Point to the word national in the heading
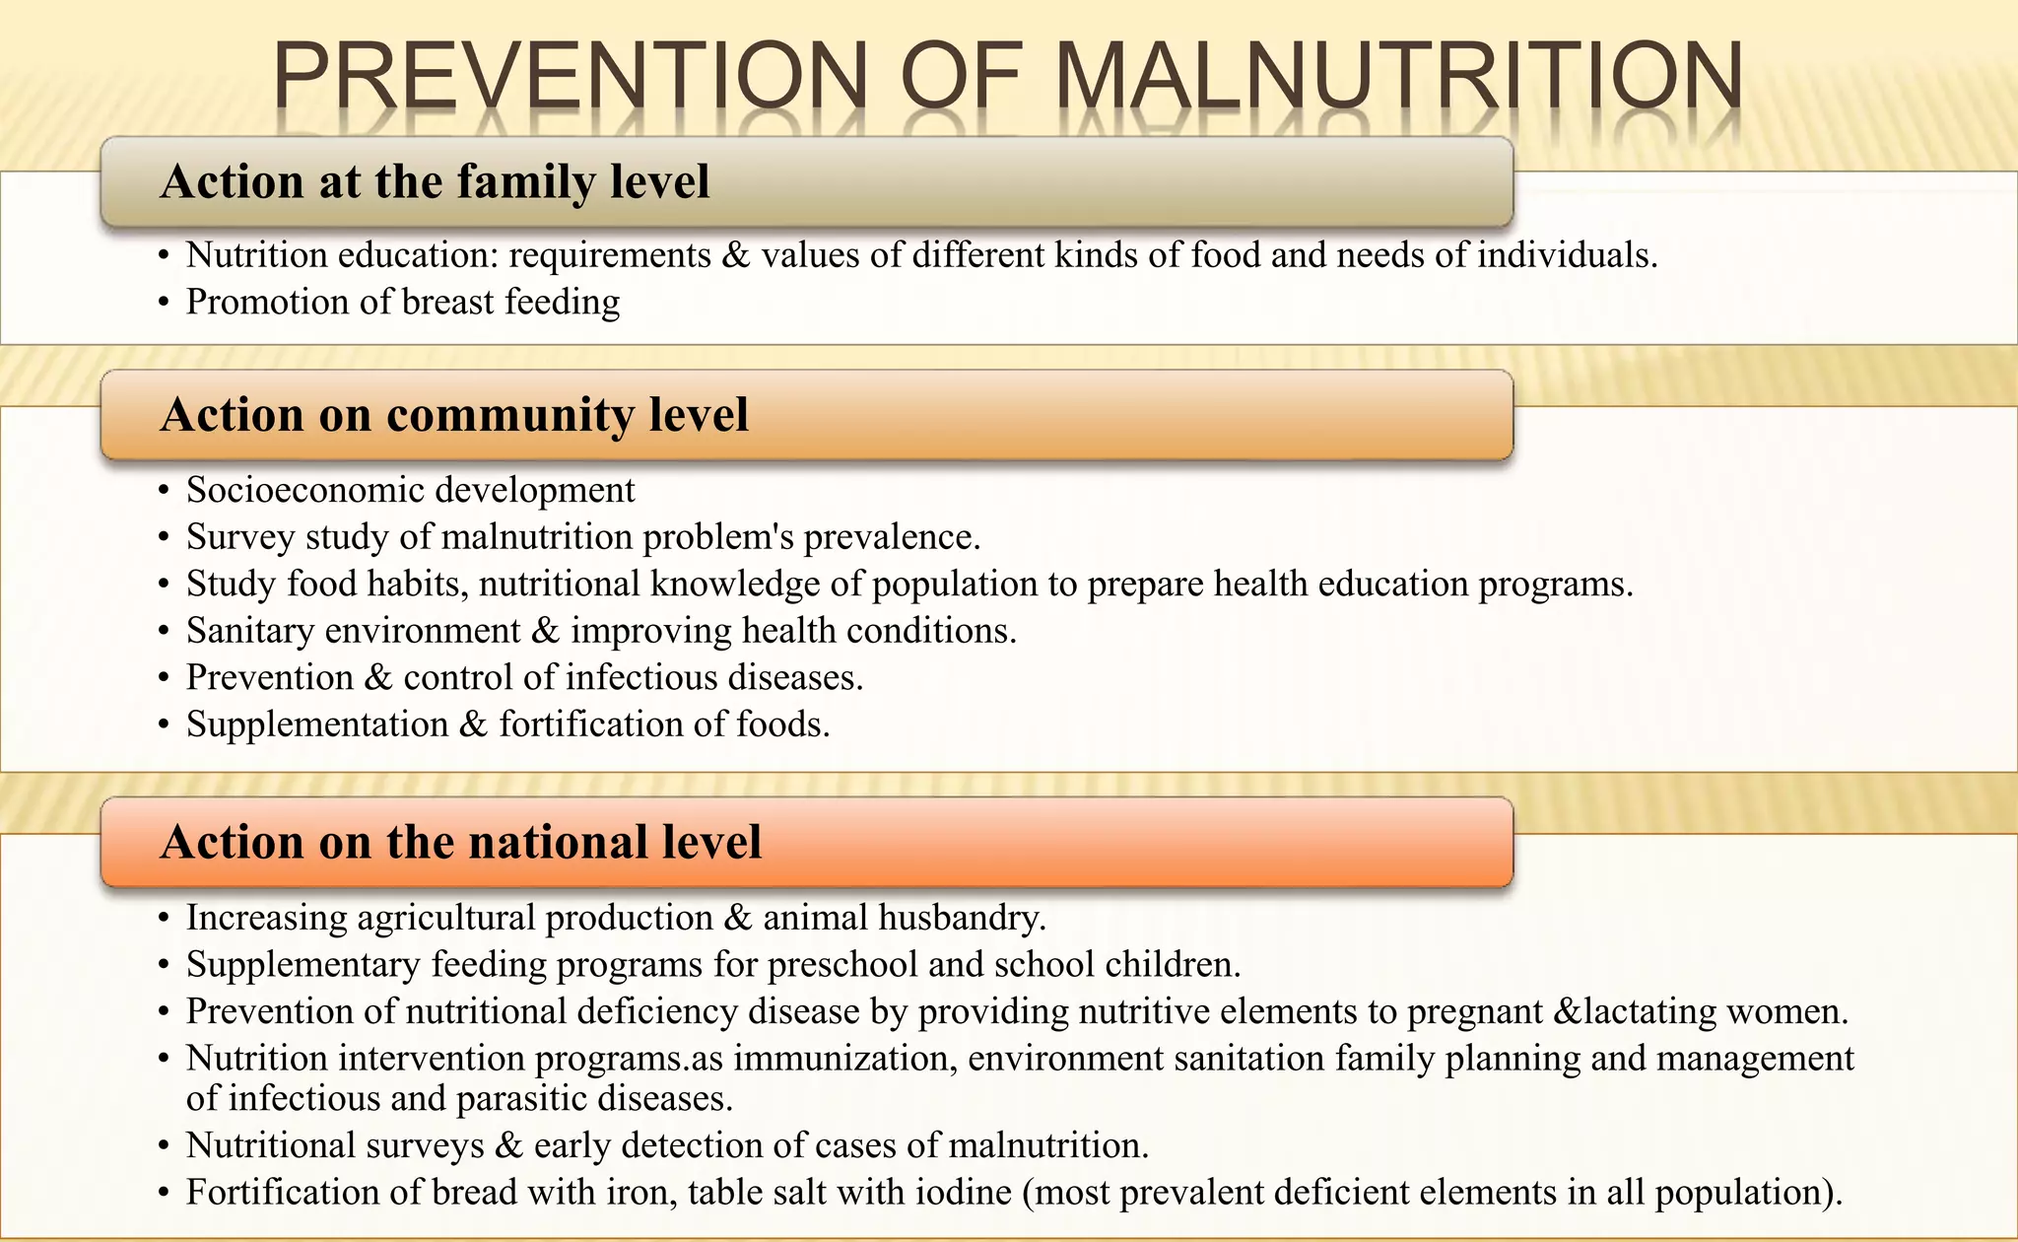tap(558, 843)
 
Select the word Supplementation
tap(317, 724)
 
